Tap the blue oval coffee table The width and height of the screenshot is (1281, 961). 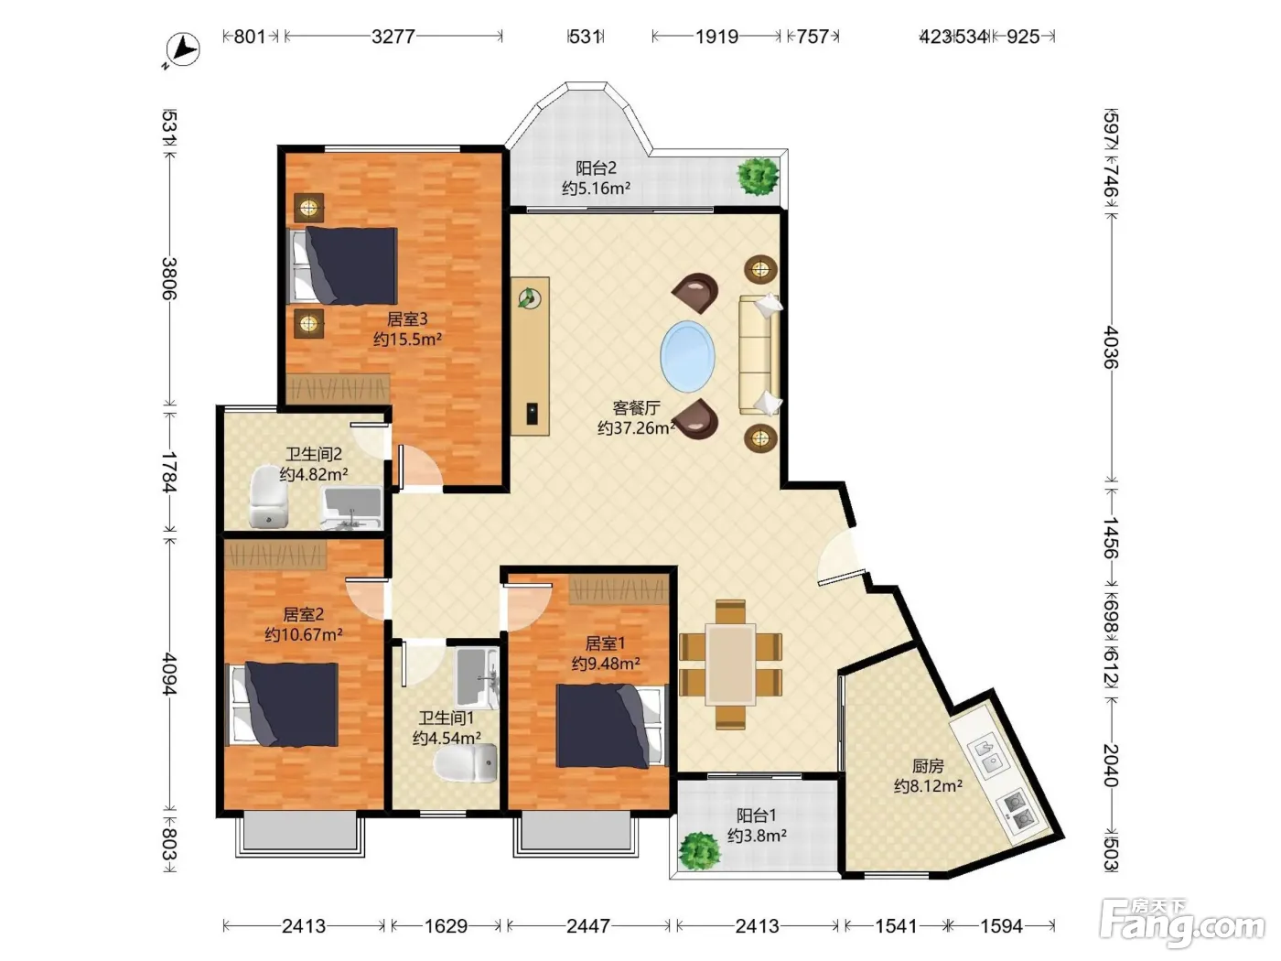point(687,356)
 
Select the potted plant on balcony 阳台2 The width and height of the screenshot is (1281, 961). point(759,175)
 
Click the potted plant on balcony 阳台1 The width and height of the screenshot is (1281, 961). point(698,851)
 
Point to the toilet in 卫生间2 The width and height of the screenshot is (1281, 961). point(268,497)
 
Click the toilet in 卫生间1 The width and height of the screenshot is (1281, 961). point(466,762)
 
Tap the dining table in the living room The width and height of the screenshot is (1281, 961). point(731,664)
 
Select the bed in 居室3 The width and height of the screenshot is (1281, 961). point(344,265)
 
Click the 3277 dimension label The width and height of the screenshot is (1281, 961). point(393,37)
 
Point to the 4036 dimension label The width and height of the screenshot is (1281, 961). point(1111,347)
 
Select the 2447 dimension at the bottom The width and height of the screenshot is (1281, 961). point(588,926)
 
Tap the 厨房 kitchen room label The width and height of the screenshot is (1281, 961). point(928,765)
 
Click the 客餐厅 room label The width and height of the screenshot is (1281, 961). point(636,407)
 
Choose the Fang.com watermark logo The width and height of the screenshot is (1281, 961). point(1182,923)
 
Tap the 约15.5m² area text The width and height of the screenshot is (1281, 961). point(407,339)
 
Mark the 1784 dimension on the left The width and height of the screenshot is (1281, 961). point(169,471)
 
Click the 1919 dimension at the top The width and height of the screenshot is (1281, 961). point(716,37)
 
